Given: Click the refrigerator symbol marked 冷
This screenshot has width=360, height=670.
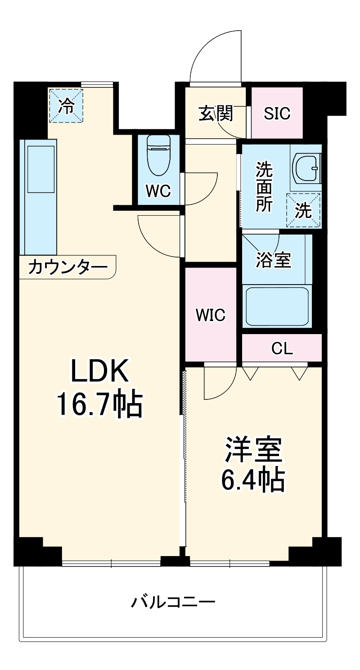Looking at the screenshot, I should [x=66, y=106].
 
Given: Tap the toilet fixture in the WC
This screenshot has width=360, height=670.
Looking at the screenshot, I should [x=158, y=155].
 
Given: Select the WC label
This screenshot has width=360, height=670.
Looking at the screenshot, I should [x=158, y=191].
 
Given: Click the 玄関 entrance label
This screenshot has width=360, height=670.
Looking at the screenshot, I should [x=216, y=113].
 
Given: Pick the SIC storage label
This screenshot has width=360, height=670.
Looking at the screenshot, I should [x=277, y=113].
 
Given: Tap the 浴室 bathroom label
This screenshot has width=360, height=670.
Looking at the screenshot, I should [x=274, y=260].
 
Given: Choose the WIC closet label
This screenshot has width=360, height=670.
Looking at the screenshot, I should [x=210, y=315].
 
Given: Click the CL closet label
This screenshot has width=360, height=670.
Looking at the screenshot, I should [x=282, y=348].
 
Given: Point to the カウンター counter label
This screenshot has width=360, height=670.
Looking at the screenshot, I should [x=67, y=267].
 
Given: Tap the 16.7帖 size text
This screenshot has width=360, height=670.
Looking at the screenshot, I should [x=99, y=404].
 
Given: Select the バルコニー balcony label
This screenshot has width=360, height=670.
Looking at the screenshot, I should [x=173, y=602].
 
